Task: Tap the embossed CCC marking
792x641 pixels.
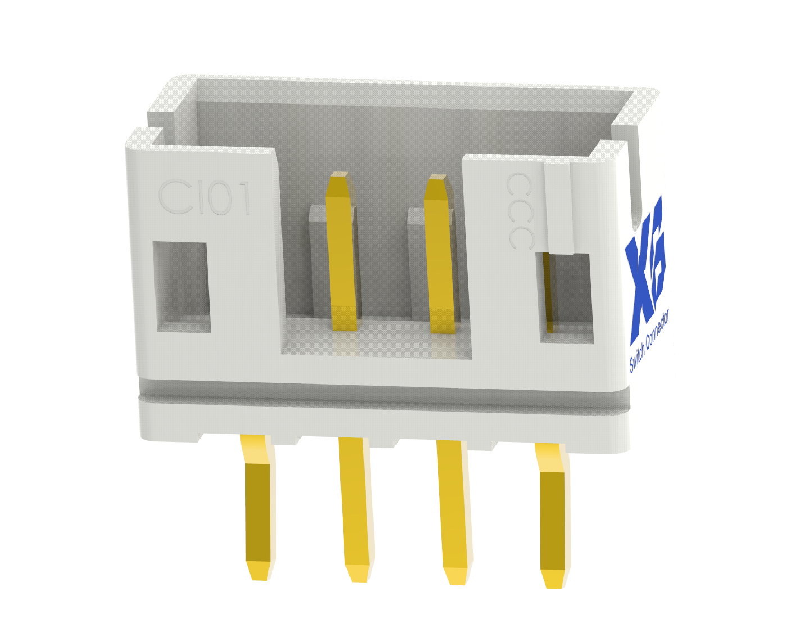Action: pos(519,211)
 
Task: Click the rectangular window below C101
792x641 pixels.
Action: pos(182,287)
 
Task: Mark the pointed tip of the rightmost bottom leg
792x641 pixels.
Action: pos(553,580)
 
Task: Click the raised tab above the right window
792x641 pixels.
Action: pos(559,208)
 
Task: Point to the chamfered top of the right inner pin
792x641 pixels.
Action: pos(436,187)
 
